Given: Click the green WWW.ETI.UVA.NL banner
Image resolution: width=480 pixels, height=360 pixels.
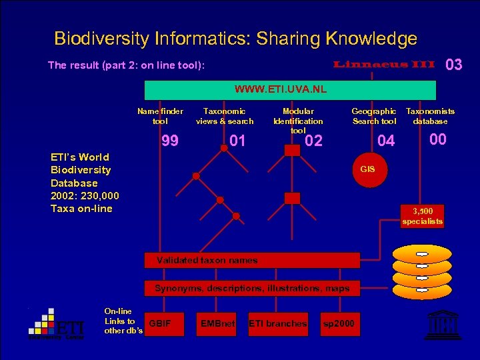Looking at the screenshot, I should point(290,90).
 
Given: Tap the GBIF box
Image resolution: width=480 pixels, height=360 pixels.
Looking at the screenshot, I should point(161,324).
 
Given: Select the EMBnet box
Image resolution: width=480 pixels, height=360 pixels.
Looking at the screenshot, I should point(217,324).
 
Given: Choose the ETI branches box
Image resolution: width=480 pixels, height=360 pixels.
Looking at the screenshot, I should point(277,324).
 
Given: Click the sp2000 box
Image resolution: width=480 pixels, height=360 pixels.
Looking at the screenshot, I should point(339,324).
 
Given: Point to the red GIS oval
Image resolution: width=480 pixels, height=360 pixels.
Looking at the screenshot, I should point(367,169).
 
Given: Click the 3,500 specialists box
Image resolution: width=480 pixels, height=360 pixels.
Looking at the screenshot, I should point(422,217).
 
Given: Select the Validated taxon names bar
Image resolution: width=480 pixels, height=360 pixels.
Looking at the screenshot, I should point(253,260).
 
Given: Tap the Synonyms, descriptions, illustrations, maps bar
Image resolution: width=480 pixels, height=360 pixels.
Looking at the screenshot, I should point(253,289).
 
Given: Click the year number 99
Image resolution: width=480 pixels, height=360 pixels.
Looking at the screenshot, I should point(170,141).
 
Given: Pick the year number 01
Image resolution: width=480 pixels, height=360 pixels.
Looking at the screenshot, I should point(237,141).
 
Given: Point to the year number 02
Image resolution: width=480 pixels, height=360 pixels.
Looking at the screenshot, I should point(313,141).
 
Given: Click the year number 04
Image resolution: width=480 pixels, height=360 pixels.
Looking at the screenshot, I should point(386,141).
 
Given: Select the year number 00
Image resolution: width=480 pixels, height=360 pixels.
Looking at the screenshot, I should point(437,139).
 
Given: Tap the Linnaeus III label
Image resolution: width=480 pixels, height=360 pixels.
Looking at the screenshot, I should point(384,65).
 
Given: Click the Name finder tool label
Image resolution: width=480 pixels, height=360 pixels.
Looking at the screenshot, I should point(160,116).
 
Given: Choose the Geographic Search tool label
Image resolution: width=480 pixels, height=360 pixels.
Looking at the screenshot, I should point(374,116).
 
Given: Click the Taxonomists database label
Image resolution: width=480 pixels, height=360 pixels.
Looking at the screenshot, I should point(430,116).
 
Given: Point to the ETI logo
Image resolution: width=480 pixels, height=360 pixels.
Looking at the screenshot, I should point(56,324).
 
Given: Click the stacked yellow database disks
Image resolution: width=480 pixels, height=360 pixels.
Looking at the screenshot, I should point(422,271).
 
